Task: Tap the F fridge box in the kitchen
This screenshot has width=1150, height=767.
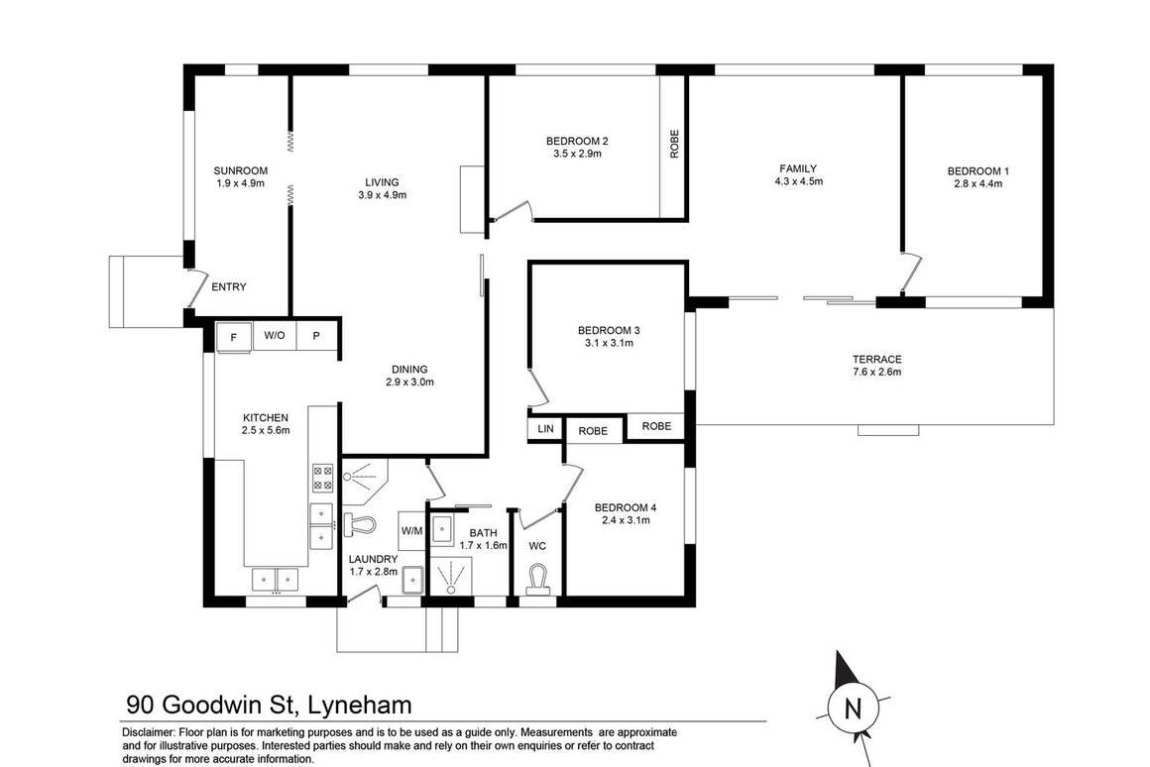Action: (234, 337)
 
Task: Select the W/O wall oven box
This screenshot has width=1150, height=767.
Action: (275, 336)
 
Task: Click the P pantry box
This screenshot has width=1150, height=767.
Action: (317, 336)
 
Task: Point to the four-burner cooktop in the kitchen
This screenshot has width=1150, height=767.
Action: (322, 479)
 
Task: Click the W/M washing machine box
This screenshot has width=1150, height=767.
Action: (411, 530)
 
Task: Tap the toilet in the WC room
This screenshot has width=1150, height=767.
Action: (538, 578)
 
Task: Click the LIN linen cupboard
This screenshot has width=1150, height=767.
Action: (545, 429)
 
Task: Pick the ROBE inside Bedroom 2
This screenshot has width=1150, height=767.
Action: (674, 146)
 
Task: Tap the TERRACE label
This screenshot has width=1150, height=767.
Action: (876, 359)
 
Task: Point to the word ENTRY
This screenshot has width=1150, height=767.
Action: (229, 287)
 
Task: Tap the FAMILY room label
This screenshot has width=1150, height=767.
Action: (799, 168)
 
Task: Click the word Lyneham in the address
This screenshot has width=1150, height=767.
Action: (360, 706)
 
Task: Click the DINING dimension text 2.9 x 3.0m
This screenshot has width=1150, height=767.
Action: (410, 382)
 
